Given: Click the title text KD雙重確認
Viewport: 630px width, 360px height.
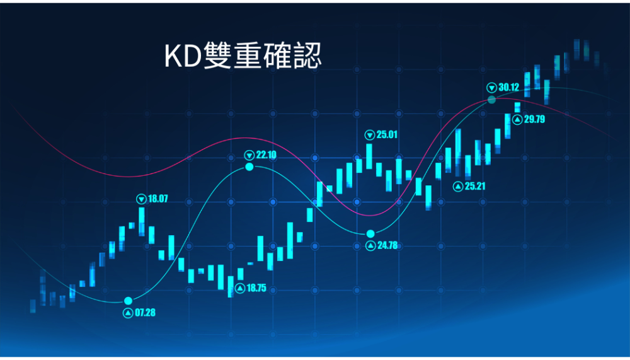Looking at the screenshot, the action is click(x=243, y=55).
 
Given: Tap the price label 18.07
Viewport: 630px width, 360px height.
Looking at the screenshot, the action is click(x=158, y=199).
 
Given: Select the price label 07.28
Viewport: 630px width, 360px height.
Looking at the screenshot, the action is click(x=145, y=313).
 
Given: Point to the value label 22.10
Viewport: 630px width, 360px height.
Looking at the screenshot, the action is click(x=266, y=155).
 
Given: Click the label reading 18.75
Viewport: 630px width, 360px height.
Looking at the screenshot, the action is click(x=256, y=288).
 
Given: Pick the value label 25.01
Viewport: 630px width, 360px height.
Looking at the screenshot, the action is click(x=387, y=134).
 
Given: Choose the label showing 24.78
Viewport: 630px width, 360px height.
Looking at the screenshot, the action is click(x=387, y=245).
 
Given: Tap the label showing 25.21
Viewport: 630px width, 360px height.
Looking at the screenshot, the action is click(x=475, y=186).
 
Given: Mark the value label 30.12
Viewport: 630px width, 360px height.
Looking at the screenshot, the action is click(x=508, y=87).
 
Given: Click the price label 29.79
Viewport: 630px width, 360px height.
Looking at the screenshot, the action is click(x=534, y=119).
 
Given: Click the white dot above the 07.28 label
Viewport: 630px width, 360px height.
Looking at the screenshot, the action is click(x=128, y=301).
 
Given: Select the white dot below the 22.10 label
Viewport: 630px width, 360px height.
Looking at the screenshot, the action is click(x=249, y=166).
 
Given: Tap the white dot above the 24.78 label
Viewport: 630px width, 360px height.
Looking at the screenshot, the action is click(x=370, y=234).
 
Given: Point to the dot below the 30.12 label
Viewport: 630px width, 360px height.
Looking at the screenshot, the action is click(x=492, y=100).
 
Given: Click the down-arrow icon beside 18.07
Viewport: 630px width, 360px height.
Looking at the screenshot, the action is click(x=141, y=199).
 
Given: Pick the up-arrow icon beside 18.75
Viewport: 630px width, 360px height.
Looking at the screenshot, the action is click(x=240, y=288).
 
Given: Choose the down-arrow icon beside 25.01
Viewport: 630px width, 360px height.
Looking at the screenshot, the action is click(x=370, y=135).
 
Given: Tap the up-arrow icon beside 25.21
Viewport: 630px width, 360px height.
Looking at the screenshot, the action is click(x=458, y=186).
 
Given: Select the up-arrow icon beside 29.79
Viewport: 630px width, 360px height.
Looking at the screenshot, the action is click(x=517, y=119).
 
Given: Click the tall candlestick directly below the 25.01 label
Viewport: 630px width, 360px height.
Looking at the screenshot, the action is click(x=369, y=156).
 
